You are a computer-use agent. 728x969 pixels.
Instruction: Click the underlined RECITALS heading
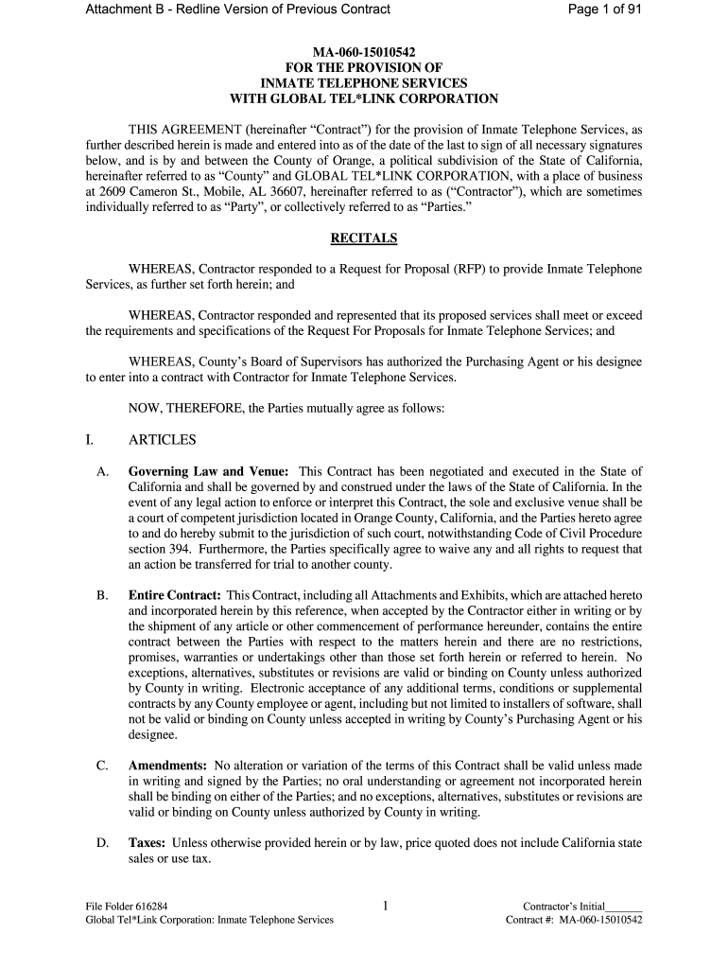click(x=364, y=238)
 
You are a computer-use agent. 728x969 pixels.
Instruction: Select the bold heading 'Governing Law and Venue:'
click(x=211, y=471)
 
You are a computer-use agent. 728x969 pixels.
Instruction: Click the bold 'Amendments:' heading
click(x=167, y=765)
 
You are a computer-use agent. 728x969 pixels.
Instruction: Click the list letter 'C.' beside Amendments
click(x=102, y=765)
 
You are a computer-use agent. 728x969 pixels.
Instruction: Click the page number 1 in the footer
click(x=386, y=906)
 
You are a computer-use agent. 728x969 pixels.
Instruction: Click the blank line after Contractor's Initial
click(x=625, y=906)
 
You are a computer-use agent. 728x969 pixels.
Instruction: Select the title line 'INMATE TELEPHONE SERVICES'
click(x=364, y=82)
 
